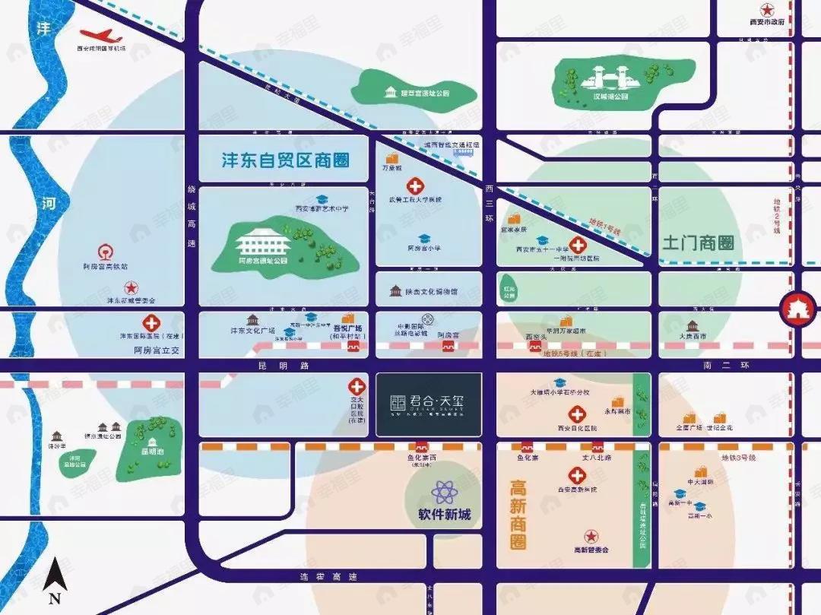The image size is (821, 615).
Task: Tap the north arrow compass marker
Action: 53,581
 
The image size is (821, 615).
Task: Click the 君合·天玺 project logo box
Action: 429,404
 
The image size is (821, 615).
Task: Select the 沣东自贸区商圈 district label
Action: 285,160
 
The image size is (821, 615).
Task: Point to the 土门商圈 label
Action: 698,243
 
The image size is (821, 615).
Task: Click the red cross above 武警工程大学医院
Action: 415,185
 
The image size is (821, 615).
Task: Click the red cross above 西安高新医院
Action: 577,475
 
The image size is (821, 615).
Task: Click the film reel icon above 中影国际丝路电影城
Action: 429,319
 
